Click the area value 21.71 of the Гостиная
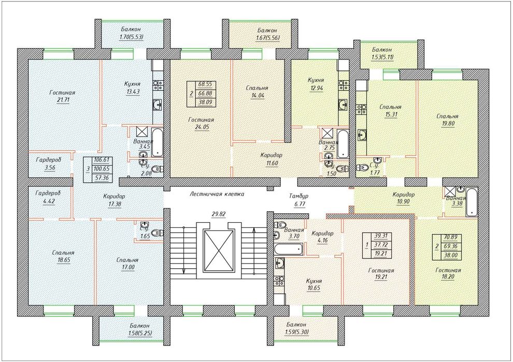pos(63,100)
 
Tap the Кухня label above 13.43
pos(133,84)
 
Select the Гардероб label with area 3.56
pos(48,160)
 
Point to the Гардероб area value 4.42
pos(49,201)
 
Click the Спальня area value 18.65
pos(63,260)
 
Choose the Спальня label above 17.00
pos(127,260)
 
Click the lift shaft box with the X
pos(219,251)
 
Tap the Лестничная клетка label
pos(217,194)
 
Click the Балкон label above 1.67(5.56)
pos(267,31)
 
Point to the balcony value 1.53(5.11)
pos(382,57)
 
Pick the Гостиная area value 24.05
pos(201,127)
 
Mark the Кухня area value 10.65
pos(313,288)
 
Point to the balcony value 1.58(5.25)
pos(140,333)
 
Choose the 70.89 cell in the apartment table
pos(451,237)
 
